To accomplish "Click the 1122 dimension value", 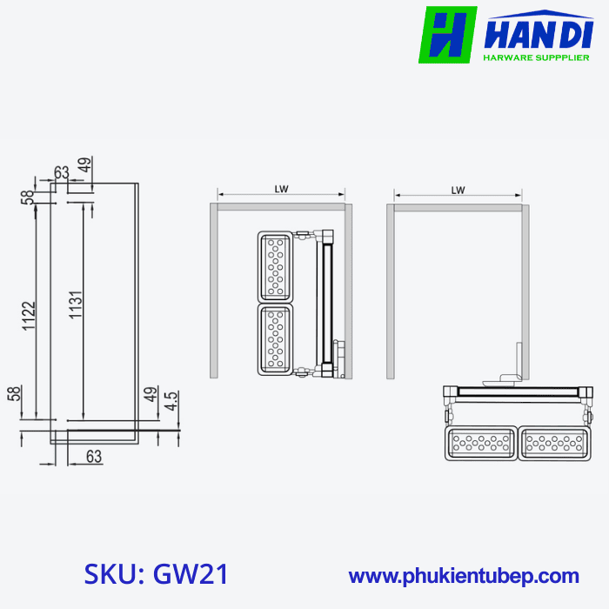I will pos(28,321).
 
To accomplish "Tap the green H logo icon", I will pos(448,36).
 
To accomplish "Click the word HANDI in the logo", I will pos(536,34).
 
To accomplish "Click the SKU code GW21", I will pos(157,574).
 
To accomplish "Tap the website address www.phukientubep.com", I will pos(464,575).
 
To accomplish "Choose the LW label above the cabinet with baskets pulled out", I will pos(458,189).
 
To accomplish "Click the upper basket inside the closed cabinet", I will pos(276,266).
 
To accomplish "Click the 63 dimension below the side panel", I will pos(94,456).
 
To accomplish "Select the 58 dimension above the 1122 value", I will pos(28,197).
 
